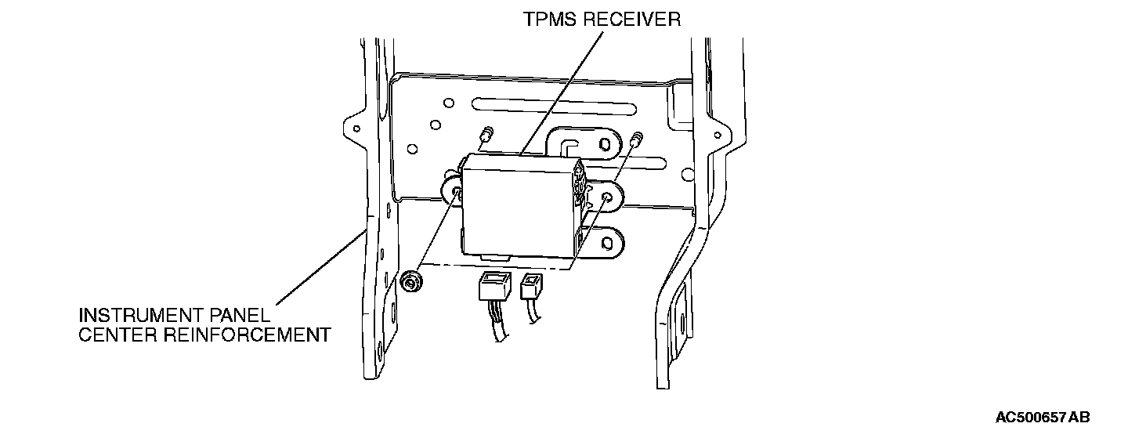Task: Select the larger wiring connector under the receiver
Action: tap(493, 288)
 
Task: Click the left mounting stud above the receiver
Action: tap(488, 134)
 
